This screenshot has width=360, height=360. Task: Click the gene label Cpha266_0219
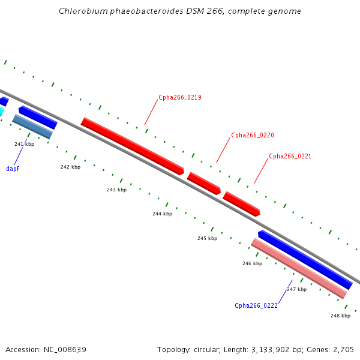coord(180,98)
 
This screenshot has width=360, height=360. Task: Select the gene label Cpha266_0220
coord(253,135)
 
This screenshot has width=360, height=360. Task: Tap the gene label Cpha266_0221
coord(290,157)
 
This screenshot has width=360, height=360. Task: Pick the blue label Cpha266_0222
coord(256,305)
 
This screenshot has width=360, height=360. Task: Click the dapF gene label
coord(13,169)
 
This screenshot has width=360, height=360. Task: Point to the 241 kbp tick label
coord(25,144)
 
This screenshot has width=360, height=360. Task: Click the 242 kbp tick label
coord(70,167)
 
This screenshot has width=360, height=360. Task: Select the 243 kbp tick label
coord(116,190)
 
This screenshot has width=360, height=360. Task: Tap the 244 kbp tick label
coord(163,214)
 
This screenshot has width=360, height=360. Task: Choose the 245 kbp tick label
coord(208,238)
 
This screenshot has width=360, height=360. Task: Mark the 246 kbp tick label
coord(253,263)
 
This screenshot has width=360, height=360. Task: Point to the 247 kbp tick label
coord(296,289)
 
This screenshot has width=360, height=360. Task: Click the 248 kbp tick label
coord(340,316)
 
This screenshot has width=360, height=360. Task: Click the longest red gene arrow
coord(133,146)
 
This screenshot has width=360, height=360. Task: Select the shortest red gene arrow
coord(204,184)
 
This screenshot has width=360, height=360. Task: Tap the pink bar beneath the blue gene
coord(299,269)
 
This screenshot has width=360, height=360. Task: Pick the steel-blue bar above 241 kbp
coord(32,127)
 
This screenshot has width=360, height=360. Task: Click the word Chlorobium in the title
coord(83,11)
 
